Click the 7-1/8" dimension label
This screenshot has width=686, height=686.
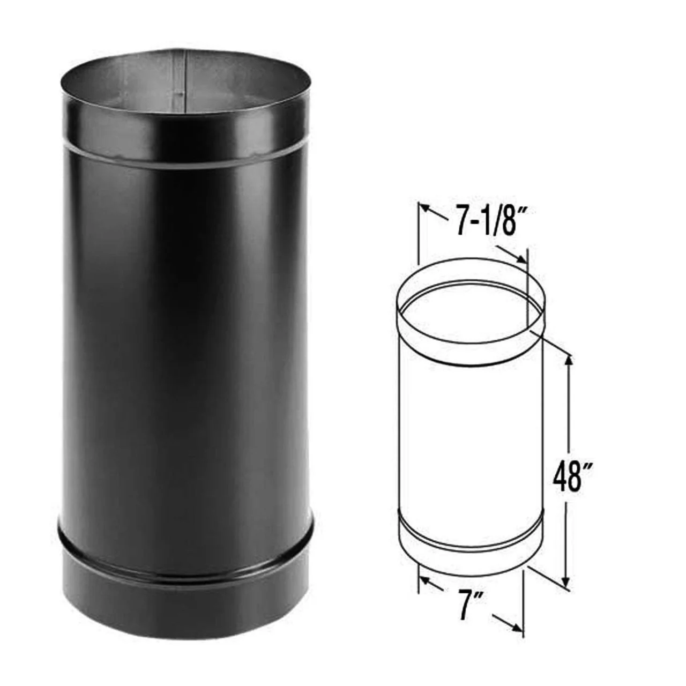tap(486, 224)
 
